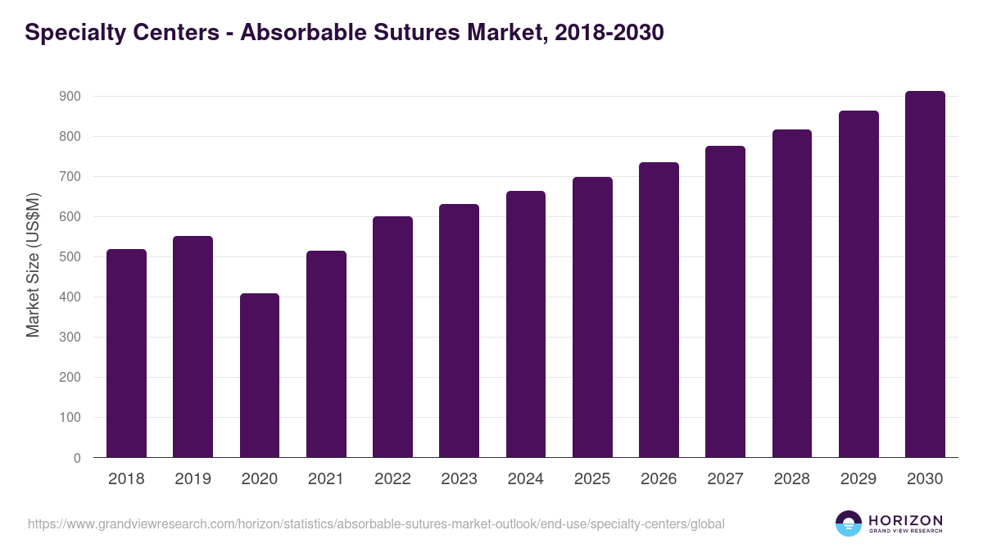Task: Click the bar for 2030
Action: click(x=925, y=274)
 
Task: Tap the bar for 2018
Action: click(x=126, y=353)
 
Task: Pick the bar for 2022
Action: click(x=392, y=337)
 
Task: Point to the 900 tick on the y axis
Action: click(x=69, y=97)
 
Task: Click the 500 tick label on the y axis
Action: click(x=69, y=257)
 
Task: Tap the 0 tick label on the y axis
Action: click(x=77, y=458)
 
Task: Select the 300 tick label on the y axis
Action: click(x=69, y=338)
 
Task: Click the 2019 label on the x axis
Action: click(x=193, y=479)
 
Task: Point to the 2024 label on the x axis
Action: click(x=525, y=479)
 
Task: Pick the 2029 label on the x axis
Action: click(x=858, y=479)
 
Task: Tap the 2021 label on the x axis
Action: click(x=325, y=479)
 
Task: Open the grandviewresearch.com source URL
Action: click(x=376, y=524)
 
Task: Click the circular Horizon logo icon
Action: click(x=849, y=524)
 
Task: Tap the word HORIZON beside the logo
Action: click(x=905, y=520)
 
